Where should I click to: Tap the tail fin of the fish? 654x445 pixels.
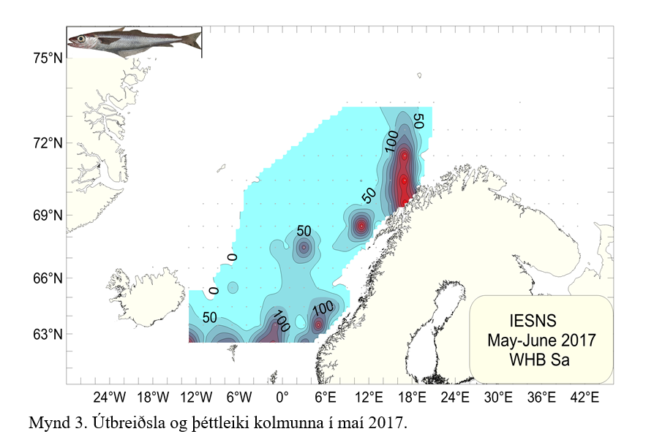[x=194, y=39]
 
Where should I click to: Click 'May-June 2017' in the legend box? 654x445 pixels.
[x=541, y=341]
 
